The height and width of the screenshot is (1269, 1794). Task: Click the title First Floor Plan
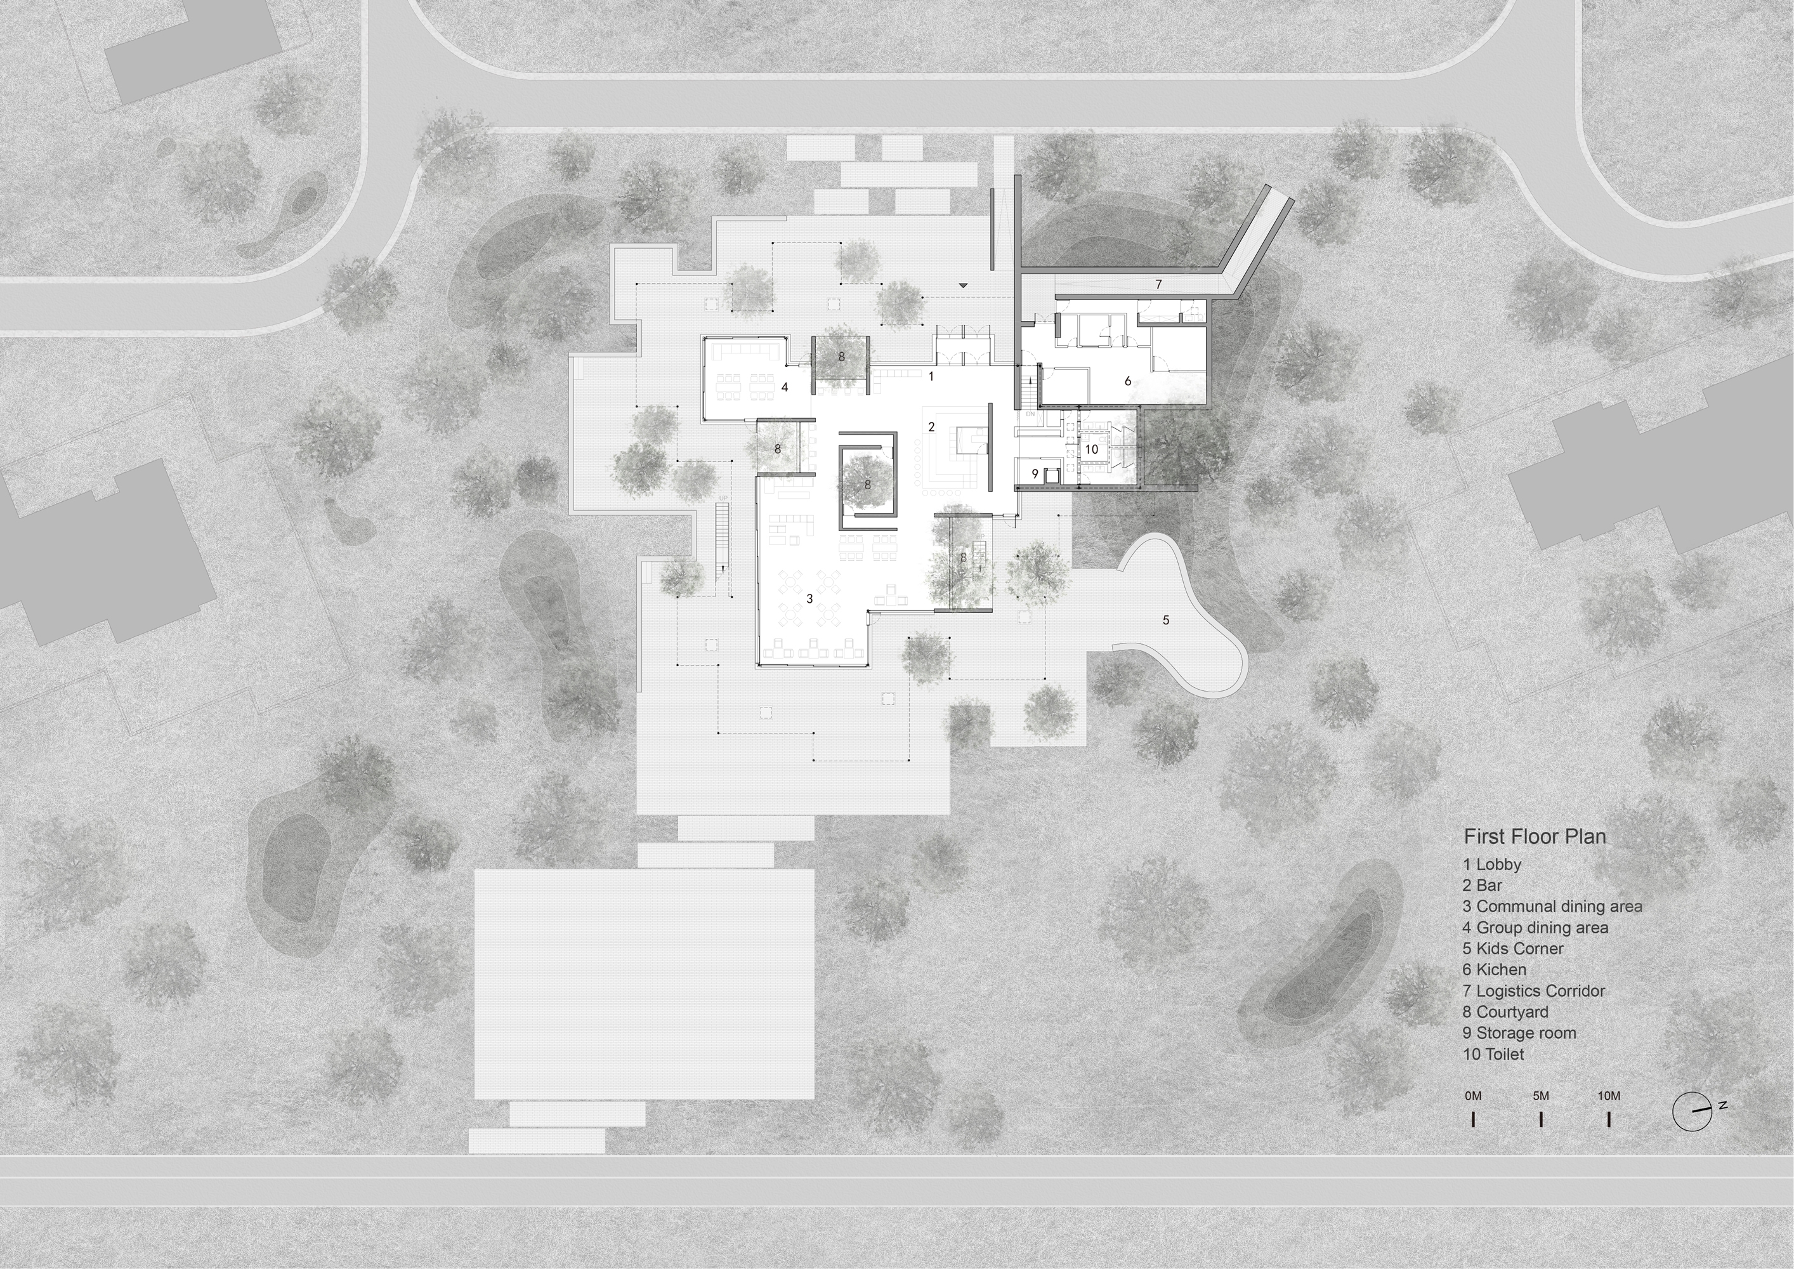pos(1535,836)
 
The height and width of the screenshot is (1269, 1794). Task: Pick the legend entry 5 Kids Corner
pos(1514,949)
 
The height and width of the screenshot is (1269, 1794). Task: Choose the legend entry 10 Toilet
pos(1493,1054)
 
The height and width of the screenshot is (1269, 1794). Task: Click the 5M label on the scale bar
pos(1541,1096)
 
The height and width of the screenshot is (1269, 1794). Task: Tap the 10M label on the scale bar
pos(1609,1096)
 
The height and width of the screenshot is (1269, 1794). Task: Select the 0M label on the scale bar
pos(1473,1096)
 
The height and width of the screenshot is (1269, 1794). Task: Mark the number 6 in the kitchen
pos(1127,381)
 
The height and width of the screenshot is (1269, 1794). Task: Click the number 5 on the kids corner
pos(1166,621)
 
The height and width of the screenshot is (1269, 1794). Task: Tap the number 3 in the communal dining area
pos(809,598)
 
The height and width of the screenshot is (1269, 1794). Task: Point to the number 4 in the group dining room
pos(785,387)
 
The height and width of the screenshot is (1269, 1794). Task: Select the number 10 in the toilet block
pos(1092,449)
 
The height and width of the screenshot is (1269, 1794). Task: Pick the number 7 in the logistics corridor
pos(1159,284)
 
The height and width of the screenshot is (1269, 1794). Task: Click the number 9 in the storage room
pos(1035,473)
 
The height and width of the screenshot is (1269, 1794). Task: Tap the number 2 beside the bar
pos(931,426)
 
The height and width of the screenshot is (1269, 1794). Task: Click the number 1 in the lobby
pos(931,376)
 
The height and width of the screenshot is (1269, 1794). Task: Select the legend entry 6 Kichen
pos(1495,970)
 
